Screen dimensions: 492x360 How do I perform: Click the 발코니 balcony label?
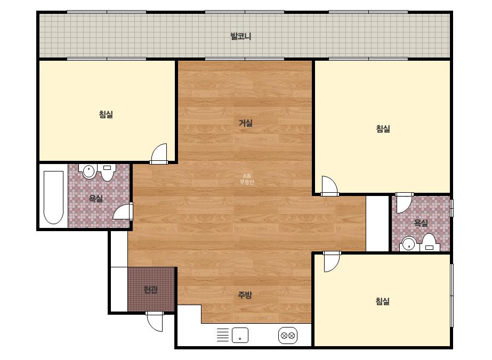(x=240, y=36)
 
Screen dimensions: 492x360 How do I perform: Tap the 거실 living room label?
(x=246, y=123)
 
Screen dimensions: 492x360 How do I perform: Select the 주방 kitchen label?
(x=245, y=295)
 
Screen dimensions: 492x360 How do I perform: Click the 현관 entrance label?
(x=151, y=290)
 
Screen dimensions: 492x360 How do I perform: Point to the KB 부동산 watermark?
(x=247, y=179)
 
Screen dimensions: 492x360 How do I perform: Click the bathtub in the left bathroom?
(x=53, y=197)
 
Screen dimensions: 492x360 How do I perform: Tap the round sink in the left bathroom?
(x=89, y=171)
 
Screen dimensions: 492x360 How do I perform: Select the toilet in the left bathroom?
(x=107, y=173)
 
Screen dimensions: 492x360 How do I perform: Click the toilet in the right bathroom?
(x=429, y=242)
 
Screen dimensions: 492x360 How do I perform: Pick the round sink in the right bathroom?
(x=409, y=244)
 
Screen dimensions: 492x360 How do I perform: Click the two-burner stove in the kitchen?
(x=288, y=336)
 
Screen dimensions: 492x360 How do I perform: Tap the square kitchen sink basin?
(x=240, y=335)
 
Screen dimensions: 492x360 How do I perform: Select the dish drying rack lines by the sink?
(x=223, y=334)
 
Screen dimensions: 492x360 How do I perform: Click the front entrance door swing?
(x=155, y=322)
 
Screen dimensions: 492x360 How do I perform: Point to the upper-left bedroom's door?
(x=159, y=154)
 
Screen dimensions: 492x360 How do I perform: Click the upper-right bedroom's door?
(x=329, y=186)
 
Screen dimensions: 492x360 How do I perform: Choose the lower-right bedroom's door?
(x=332, y=261)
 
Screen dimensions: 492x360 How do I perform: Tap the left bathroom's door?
(x=123, y=211)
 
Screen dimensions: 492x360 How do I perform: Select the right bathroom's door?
(x=404, y=203)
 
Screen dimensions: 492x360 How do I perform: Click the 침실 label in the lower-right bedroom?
(x=383, y=301)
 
